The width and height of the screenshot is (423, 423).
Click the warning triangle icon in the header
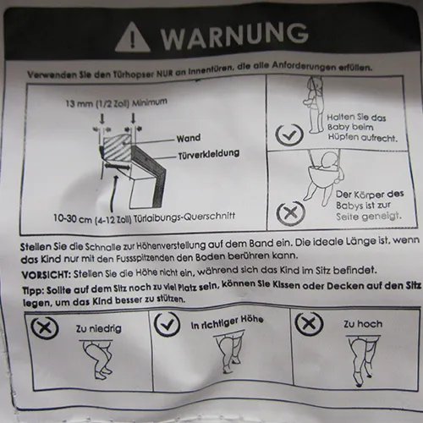[132, 37]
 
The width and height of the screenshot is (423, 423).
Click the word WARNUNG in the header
[234, 36]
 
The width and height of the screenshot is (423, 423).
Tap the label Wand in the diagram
[189, 138]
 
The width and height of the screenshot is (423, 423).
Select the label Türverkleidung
[209, 154]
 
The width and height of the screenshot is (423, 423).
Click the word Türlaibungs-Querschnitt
[184, 217]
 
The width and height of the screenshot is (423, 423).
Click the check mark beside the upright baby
[289, 135]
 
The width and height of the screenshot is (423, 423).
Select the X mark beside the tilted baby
[290, 212]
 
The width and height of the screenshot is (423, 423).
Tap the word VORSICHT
[46, 275]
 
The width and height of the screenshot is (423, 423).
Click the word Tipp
[32, 291]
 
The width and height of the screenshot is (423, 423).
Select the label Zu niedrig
[98, 328]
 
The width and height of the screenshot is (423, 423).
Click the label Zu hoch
[363, 324]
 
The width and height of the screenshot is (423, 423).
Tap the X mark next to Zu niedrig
[45, 327]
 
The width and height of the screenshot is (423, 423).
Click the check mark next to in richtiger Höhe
[168, 324]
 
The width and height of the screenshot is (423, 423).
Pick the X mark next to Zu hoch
[309, 323]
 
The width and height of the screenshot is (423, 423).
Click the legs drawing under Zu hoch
[363, 361]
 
